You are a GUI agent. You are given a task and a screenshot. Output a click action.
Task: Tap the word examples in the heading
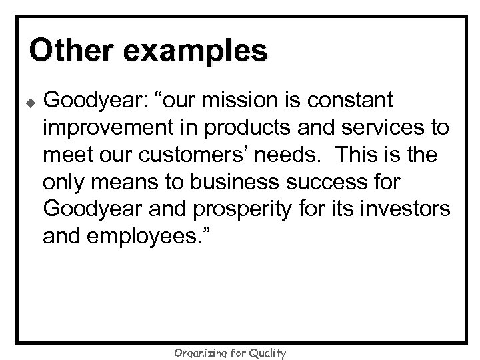click(195, 51)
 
